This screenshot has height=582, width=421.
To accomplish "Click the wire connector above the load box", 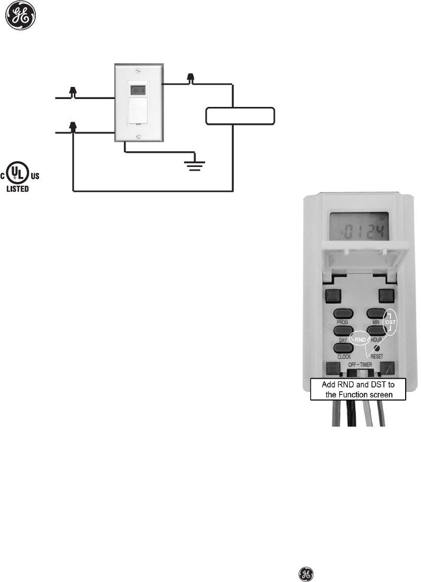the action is tap(191, 79).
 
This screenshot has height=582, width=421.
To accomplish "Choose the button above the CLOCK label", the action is tap(342, 348).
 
